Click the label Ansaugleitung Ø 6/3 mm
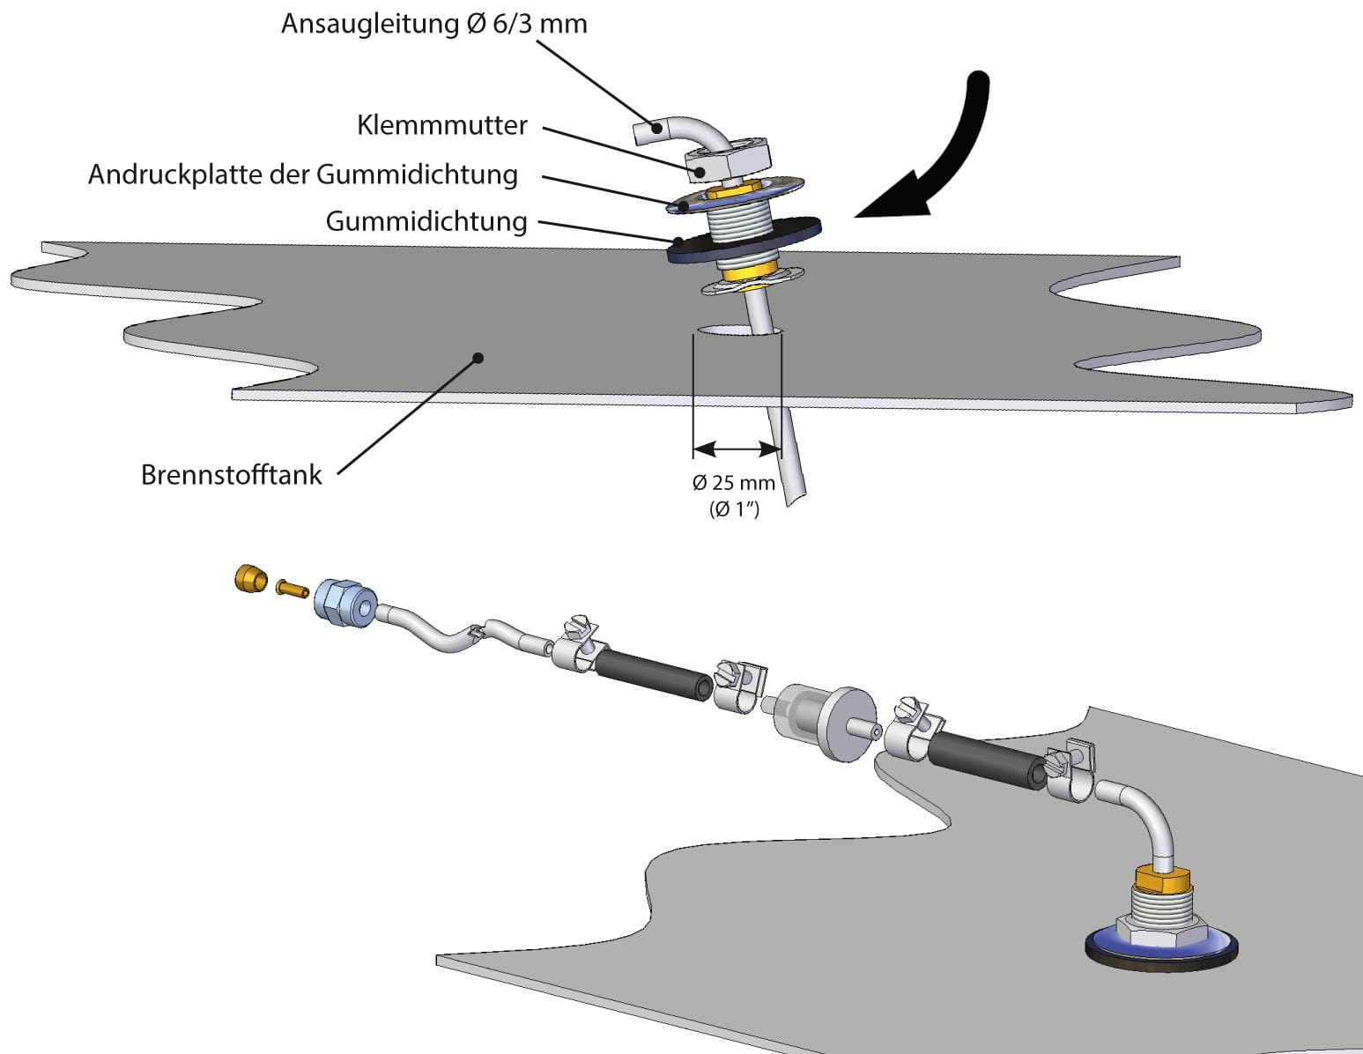click(433, 24)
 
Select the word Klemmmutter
click(441, 125)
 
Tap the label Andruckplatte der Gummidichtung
click(302, 174)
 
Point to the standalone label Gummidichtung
click(426, 220)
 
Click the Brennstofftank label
click(231, 475)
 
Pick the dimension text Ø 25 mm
click(733, 483)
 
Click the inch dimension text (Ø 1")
click(734, 509)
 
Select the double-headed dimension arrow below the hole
click(737, 449)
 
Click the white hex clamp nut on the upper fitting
click(728, 160)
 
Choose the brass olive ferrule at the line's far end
click(250, 579)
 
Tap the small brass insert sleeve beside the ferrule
click(291, 587)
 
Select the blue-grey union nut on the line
click(344, 603)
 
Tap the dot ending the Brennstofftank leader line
click(478, 358)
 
